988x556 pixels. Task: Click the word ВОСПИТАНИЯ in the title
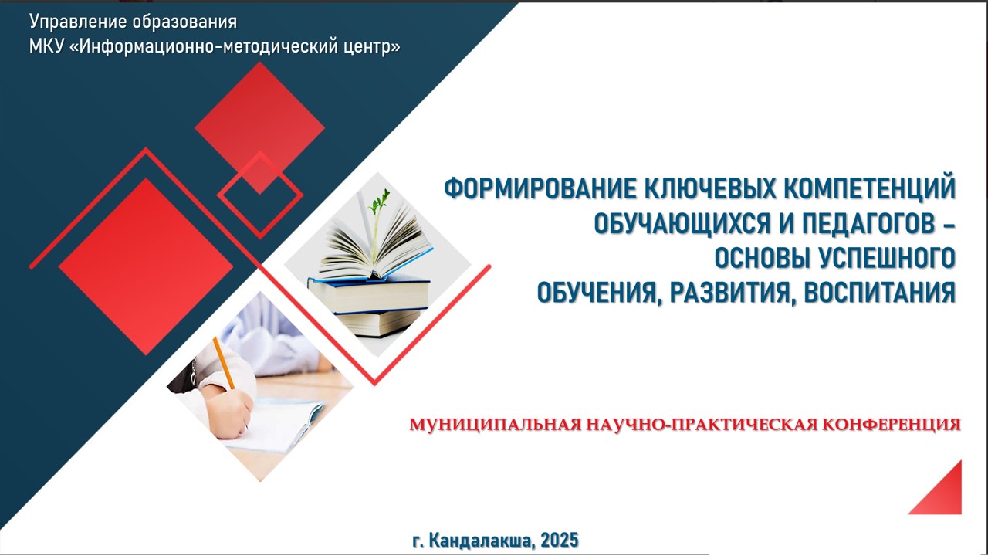(879, 293)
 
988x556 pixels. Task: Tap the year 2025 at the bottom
(560, 540)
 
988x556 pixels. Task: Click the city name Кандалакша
(482, 540)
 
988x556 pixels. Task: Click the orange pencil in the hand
(224, 363)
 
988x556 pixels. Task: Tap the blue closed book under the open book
(368, 293)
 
